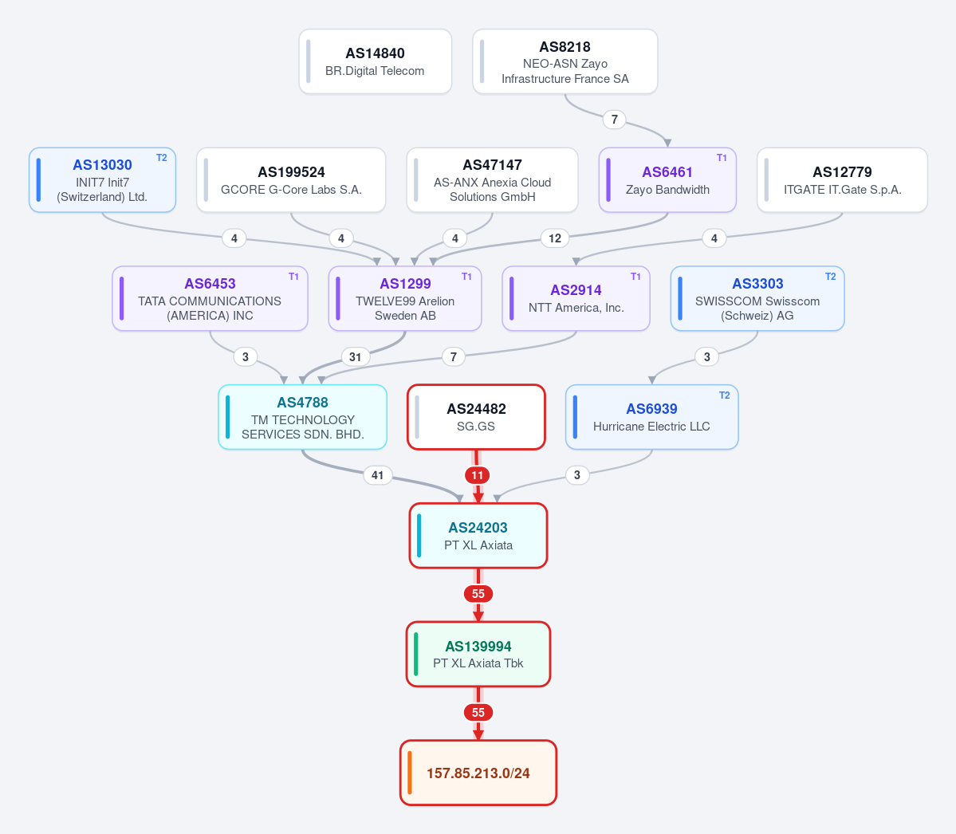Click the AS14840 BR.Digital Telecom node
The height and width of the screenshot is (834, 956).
[375, 61]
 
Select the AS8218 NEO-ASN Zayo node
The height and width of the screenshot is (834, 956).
[565, 61]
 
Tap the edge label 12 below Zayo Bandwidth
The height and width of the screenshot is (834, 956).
[555, 238]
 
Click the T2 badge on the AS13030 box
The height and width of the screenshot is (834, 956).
[162, 158]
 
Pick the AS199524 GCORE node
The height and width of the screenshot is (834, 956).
[291, 180]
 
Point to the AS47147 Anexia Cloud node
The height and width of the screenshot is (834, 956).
[492, 180]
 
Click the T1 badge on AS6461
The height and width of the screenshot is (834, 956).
[722, 158]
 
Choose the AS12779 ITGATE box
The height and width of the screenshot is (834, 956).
[842, 180]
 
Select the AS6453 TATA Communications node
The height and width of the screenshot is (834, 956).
[210, 299]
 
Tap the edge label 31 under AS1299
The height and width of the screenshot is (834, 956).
[356, 356]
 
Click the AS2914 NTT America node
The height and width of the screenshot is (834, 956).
[576, 299]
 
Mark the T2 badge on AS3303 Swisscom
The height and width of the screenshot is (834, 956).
[830, 277]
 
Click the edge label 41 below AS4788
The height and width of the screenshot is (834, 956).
[377, 475]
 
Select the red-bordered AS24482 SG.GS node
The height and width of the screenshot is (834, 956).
[476, 417]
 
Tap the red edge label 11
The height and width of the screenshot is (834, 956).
[478, 475]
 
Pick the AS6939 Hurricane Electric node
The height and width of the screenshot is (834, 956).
[651, 417]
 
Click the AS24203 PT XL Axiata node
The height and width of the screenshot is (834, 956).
[478, 536]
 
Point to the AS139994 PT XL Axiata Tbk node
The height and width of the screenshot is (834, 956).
[478, 654]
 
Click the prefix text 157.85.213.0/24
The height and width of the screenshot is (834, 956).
[478, 773]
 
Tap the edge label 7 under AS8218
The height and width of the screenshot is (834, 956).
[615, 120]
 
